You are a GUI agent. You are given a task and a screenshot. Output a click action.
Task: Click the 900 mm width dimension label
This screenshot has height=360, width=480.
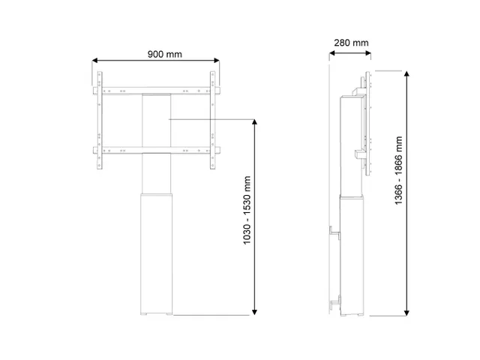[x=165, y=54]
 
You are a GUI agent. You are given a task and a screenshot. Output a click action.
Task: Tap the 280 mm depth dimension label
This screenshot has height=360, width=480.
[x=351, y=43]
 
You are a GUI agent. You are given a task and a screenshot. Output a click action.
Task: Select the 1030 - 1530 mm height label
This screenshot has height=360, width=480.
[x=247, y=210]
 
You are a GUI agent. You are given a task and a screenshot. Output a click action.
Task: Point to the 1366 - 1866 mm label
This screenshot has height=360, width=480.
[x=398, y=170]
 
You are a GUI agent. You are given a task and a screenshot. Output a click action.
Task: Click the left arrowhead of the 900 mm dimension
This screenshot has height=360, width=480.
[x=94, y=60]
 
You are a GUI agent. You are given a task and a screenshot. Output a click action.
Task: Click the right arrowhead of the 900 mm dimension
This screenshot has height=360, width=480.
[x=217, y=60]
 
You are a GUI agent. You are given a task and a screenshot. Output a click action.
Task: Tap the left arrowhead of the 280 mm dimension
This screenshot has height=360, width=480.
[x=331, y=53]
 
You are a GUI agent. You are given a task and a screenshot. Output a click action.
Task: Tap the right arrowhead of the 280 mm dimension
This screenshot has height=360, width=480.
[x=368, y=53]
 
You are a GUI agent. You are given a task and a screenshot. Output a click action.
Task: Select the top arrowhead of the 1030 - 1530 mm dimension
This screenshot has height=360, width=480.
[x=254, y=122]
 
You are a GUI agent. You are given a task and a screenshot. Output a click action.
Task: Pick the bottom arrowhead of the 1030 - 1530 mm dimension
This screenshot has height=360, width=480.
[x=254, y=312]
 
